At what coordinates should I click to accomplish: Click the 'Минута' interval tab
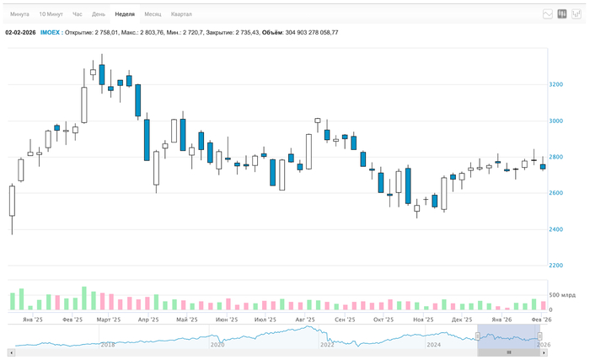tap(19, 14)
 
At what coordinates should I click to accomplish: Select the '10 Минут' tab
tap(51, 14)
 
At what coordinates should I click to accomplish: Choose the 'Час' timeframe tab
tap(78, 14)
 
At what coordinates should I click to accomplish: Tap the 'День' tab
tap(99, 14)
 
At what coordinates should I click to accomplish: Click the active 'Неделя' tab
tap(125, 14)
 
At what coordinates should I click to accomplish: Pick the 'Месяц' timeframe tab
tap(153, 14)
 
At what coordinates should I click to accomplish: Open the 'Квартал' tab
tap(181, 14)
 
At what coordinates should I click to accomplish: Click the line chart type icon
tap(548, 14)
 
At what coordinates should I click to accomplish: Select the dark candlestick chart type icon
tap(562, 14)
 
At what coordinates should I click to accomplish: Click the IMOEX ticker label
tap(50, 33)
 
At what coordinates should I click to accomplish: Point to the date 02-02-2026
tap(20, 33)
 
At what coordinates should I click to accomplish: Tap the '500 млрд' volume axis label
tap(562, 295)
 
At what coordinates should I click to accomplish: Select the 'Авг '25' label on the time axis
tap(305, 320)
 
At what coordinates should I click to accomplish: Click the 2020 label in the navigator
tap(217, 344)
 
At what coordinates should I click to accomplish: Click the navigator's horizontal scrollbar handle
tap(508, 352)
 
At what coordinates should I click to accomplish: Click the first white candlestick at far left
tap(12, 201)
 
